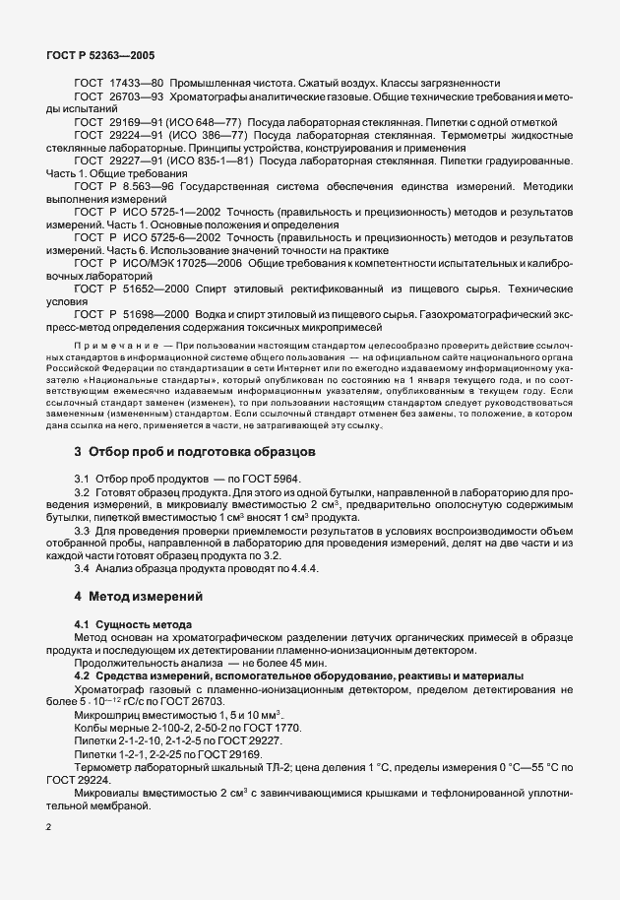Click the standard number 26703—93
[138, 99]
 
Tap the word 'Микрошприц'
[106, 713]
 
